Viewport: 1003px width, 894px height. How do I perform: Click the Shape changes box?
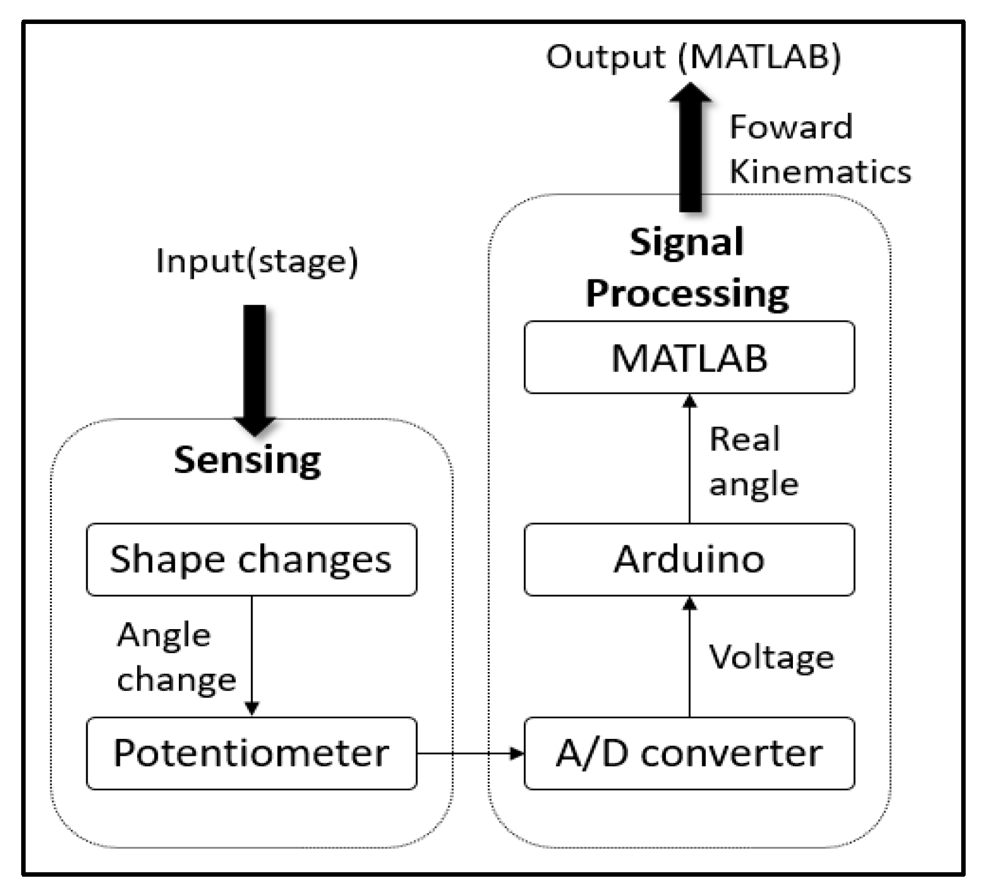tap(251, 559)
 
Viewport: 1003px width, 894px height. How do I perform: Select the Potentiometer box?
tap(251, 753)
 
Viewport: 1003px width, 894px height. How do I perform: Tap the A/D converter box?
tap(689, 753)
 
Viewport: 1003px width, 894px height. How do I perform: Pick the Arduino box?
tap(689, 559)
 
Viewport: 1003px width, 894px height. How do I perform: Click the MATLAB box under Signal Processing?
tap(689, 357)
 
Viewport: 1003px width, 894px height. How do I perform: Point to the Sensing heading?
tap(247, 461)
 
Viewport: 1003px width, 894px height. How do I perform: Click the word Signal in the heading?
tap(686, 242)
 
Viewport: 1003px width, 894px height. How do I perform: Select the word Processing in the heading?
tap(687, 293)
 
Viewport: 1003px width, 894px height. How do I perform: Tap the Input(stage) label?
tap(257, 261)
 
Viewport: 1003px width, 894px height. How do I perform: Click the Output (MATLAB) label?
tap(693, 57)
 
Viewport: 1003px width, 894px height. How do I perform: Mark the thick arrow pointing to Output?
tap(690, 148)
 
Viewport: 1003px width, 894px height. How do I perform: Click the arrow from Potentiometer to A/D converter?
tap(471, 753)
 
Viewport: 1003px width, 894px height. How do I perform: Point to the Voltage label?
tap(772, 657)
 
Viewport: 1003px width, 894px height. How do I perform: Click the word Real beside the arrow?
tap(744, 439)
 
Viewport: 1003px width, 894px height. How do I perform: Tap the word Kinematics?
tap(820, 171)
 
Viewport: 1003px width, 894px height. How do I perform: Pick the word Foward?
tap(791, 127)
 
